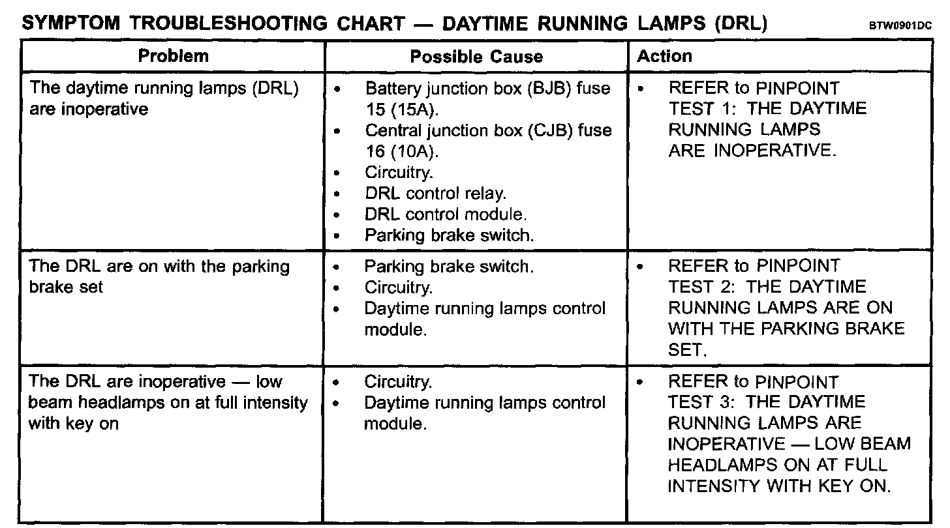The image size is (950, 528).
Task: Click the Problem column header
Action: (x=173, y=56)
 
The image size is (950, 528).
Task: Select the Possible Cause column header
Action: (x=476, y=57)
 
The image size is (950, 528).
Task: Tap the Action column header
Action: (x=664, y=56)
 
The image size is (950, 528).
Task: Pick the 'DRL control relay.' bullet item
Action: (x=435, y=194)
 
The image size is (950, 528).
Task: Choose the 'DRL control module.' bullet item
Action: (x=446, y=214)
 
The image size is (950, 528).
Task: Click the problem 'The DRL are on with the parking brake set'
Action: (x=159, y=276)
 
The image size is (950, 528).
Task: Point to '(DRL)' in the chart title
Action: (x=740, y=24)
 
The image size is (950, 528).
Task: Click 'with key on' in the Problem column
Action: (x=74, y=424)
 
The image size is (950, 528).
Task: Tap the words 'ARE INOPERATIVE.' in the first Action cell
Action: (x=752, y=151)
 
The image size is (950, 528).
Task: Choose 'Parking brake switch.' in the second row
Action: (x=449, y=267)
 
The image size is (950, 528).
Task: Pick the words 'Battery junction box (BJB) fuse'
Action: (x=488, y=88)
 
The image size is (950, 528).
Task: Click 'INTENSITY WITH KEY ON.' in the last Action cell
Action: (x=779, y=486)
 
